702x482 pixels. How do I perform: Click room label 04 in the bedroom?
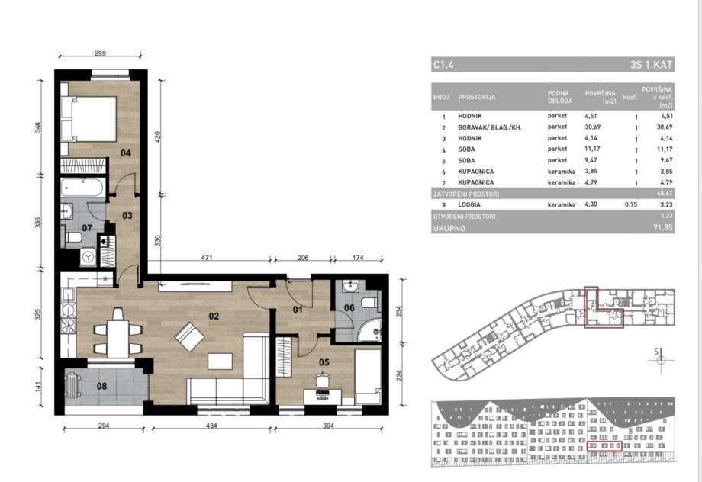point(126,153)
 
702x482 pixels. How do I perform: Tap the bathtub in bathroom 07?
point(83,188)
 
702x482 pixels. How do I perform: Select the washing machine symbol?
point(89,257)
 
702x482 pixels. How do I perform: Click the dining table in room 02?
point(118,333)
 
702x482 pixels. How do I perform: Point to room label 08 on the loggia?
point(101,386)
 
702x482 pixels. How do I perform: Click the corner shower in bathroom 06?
point(370,330)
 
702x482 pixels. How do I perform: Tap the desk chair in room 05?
point(322,380)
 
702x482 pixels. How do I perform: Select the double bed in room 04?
point(89,119)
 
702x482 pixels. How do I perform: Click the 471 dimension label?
point(207,258)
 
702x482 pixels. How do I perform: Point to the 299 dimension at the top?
point(100,53)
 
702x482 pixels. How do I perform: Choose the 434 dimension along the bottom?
point(211,426)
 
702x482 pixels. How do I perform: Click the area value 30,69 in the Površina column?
point(593,127)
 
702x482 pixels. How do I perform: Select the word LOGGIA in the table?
point(469,205)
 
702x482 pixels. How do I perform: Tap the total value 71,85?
point(662,228)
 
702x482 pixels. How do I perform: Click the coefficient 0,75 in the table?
point(631,205)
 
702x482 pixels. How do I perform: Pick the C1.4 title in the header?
point(443,65)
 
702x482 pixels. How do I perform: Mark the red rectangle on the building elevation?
point(604,446)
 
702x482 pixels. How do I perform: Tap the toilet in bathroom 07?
point(73,237)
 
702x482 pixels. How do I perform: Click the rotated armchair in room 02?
point(189,336)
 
